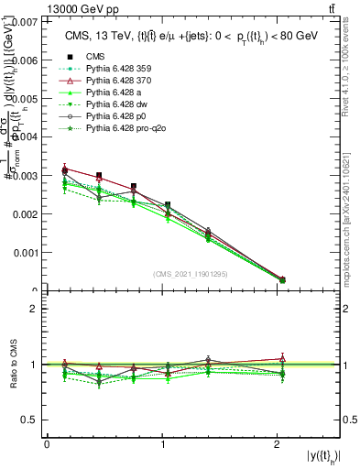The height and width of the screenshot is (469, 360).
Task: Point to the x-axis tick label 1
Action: point(164,445)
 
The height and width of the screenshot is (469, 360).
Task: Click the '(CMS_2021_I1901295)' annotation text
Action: point(192,274)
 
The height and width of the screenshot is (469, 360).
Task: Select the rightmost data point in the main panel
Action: point(281,279)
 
